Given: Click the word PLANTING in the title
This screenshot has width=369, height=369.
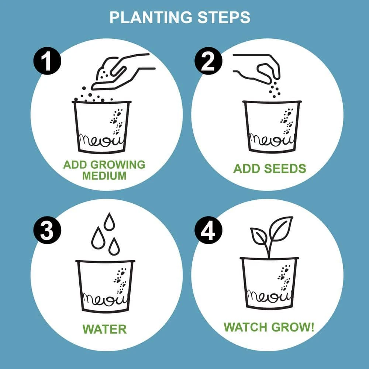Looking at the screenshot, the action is click(151, 17).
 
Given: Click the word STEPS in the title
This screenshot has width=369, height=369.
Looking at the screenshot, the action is click(224, 17).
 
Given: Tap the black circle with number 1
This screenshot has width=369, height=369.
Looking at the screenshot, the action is click(47, 61).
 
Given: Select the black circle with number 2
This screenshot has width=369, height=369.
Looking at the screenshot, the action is click(208, 61).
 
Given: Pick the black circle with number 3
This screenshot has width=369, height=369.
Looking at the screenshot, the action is click(47, 230).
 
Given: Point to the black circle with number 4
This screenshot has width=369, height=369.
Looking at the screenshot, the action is click(208, 230).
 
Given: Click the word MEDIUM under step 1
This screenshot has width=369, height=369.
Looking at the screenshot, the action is click(104, 176).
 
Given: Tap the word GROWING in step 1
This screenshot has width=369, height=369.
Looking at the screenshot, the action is click(118, 165).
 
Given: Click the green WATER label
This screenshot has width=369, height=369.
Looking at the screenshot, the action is click(104, 329).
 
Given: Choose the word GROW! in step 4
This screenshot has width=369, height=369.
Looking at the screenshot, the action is click(293, 327).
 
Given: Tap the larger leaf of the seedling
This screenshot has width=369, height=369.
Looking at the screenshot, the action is click(281, 229).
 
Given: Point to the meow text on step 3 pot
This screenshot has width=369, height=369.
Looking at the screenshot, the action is click(105, 300).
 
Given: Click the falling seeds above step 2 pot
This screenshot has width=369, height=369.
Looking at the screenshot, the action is click(275, 88).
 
